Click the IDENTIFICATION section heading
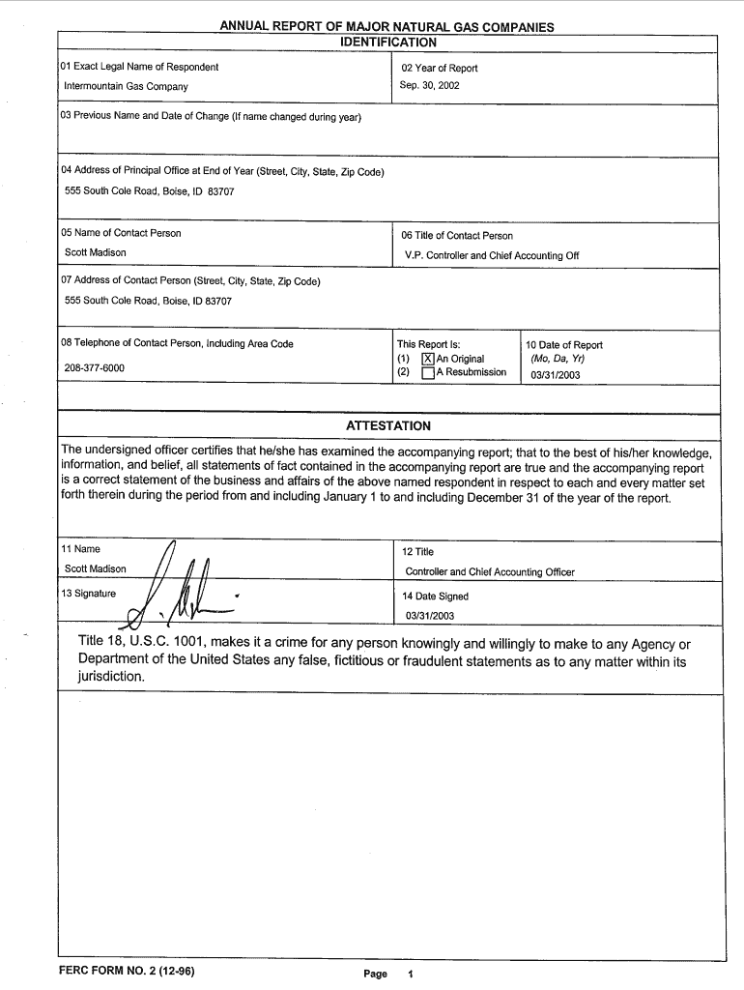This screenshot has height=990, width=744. (388, 43)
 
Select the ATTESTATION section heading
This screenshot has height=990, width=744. (388, 425)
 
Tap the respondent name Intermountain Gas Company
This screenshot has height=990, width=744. (126, 86)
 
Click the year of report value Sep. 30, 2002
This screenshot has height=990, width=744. (430, 85)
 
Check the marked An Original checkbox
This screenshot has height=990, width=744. (428, 359)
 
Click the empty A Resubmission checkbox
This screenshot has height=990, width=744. (428, 372)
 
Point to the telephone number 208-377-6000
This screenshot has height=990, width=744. (94, 368)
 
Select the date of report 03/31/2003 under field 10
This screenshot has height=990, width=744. (555, 375)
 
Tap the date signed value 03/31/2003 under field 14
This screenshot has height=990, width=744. (430, 616)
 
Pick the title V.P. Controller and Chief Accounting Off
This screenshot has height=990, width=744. (492, 256)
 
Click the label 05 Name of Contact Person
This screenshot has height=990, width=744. (121, 233)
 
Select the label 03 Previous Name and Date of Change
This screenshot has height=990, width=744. (211, 117)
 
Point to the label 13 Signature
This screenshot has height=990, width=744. (88, 593)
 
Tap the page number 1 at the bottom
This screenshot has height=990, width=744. (411, 974)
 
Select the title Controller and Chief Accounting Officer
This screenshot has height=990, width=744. (490, 572)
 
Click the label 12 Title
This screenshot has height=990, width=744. (417, 551)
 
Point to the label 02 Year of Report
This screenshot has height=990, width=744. (440, 68)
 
